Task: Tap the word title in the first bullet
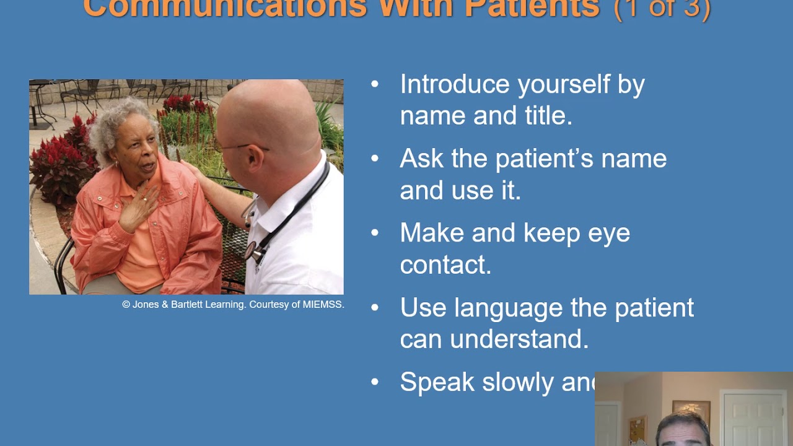pos(546,116)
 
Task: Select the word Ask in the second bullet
pos(421,159)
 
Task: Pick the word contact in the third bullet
pos(443,265)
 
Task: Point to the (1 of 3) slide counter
pos(662,9)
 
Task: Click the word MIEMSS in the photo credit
pos(323,305)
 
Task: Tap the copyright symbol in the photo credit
pos(126,305)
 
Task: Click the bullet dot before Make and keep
pos(375,233)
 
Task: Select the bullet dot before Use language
pos(375,307)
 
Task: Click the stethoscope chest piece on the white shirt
pos(251,250)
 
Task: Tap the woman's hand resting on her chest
pos(138,211)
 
